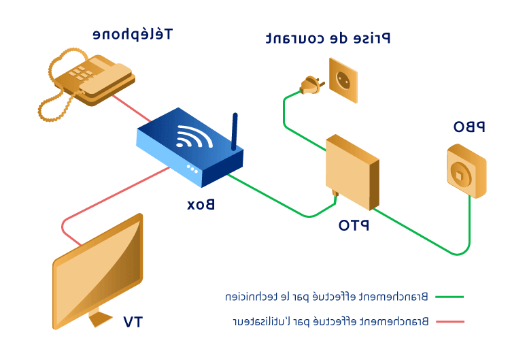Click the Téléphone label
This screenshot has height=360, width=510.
point(133,34)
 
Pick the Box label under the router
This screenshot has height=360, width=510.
point(201,204)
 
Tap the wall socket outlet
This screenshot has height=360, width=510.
point(343,80)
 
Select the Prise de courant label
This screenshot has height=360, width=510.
point(328,38)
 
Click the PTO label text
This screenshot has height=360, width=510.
point(354,225)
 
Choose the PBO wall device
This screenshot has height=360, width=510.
point(466,171)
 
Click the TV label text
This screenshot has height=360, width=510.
point(133,321)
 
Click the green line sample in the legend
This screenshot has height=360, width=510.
point(449,297)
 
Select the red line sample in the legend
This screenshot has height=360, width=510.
point(449,321)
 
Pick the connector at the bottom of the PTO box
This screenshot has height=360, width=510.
point(335,193)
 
